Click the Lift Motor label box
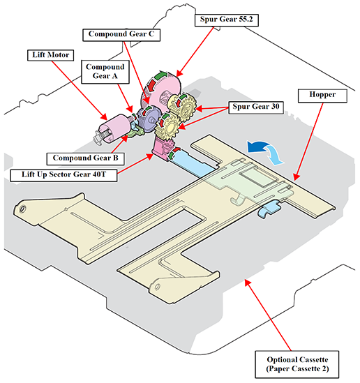point(50,55)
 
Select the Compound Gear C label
point(121,35)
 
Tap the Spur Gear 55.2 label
point(227,20)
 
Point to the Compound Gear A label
point(105,72)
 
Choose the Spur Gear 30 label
point(256,107)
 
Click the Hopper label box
point(322,96)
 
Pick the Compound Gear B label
point(86,158)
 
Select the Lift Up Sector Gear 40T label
point(63,175)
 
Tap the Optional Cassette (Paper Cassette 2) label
point(297,364)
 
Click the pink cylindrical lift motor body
point(115,128)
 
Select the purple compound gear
point(148,120)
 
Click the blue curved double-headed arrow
point(265,151)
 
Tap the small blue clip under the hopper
point(269,208)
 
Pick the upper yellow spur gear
point(183,105)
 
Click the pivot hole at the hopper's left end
point(22,209)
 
